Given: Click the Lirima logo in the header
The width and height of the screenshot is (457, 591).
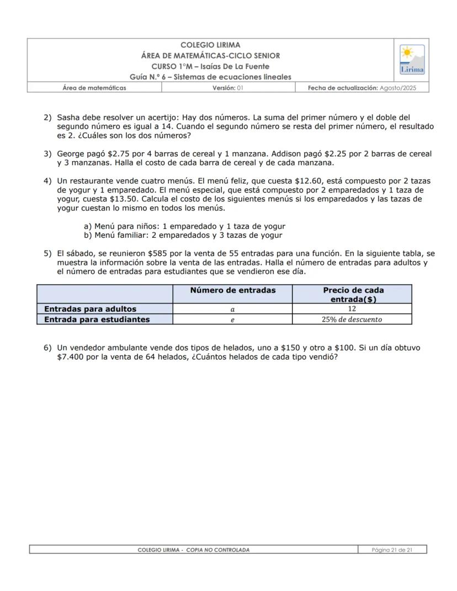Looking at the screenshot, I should [x=412, y=60].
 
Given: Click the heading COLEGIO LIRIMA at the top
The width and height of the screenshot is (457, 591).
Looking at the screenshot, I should [x=210, y=45].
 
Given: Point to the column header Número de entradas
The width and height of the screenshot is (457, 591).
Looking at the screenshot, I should [x=232, y=290].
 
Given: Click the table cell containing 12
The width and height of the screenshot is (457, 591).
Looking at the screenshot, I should [x=352, y=309].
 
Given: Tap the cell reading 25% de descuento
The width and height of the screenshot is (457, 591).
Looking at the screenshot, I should [x=352, y=320].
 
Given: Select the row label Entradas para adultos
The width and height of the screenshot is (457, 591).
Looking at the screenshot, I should [x=90, y=309].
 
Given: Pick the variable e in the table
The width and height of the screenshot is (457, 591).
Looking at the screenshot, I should [x=232, y=320].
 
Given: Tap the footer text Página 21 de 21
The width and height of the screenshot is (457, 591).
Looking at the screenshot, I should [x=392, y=550].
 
